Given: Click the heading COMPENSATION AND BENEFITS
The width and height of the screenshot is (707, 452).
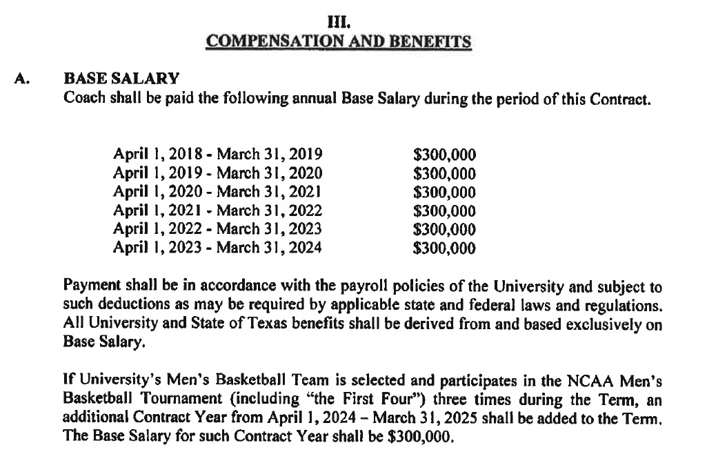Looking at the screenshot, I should [x=339, y=41].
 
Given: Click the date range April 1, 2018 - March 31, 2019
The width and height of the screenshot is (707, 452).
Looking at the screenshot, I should [x=217, y=154].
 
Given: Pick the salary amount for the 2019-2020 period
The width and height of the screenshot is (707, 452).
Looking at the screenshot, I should [x=444, y=173].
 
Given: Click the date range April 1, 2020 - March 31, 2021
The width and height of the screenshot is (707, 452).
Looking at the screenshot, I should [x=217, y=191].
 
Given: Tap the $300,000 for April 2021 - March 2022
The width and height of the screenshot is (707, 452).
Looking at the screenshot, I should [x=444, y=210].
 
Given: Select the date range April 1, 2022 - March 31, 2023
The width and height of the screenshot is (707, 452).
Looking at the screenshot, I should [x=217, y=229].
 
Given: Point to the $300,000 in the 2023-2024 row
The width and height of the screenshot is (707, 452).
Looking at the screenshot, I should [x=444, y=248].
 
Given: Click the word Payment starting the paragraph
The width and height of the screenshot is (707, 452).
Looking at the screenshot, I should [x=88, y=284].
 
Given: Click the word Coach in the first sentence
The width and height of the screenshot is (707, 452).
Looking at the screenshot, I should [x=82, y=97].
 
